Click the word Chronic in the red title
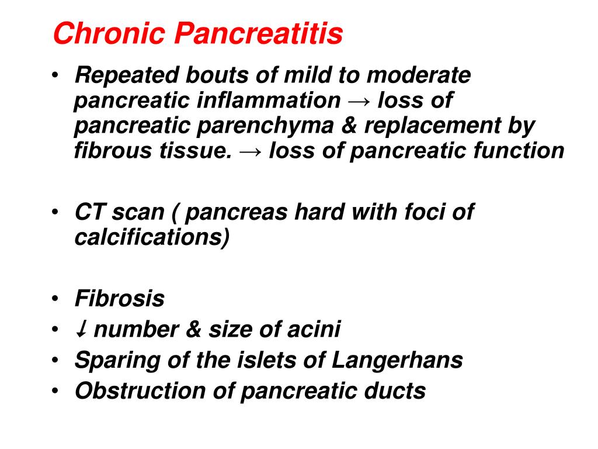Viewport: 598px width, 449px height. pos(109,33)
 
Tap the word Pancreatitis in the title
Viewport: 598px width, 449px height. pos(259,33)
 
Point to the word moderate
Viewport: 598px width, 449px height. pos(419,75)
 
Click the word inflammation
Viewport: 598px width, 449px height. pos(268,101)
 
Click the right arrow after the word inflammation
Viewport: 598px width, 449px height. pos(359,102)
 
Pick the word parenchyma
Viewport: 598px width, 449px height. pos(265,127)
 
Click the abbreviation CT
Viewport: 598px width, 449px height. pos(89,212)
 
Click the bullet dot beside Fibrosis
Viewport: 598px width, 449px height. pos(55,298)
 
